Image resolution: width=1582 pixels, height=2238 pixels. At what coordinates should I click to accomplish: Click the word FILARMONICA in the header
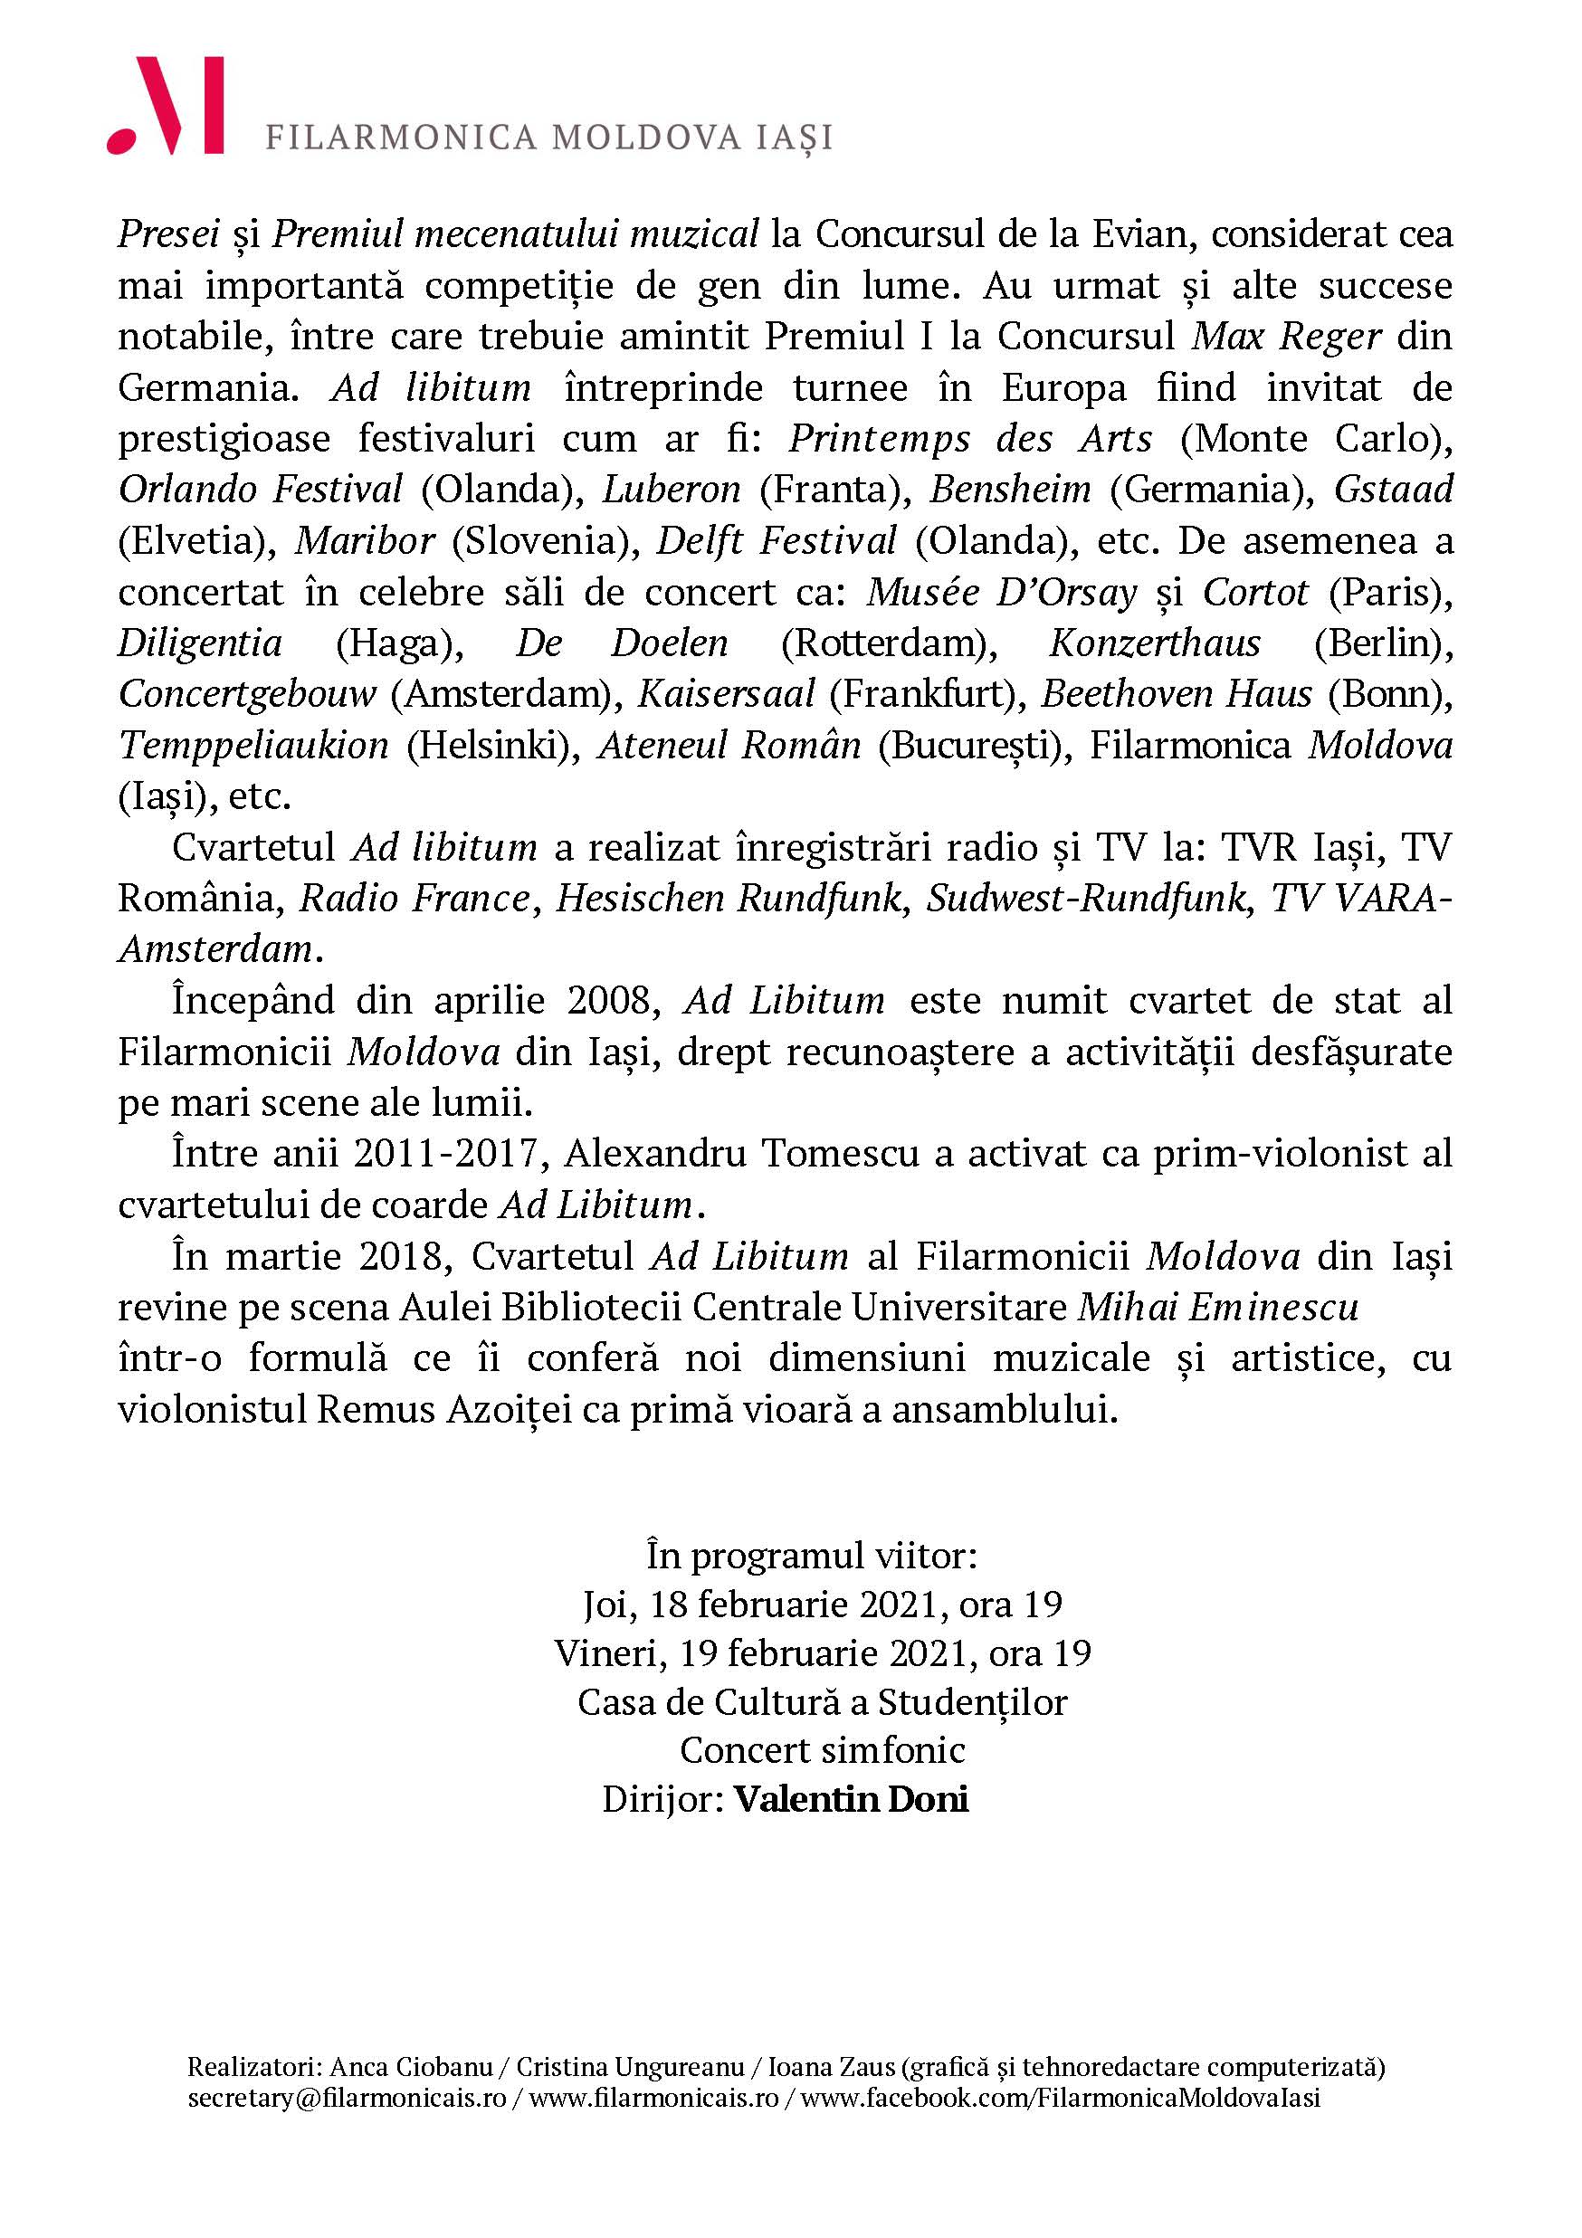(x=401, y=138)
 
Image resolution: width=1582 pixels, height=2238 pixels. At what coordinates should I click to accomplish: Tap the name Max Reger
(x=1287, y=337)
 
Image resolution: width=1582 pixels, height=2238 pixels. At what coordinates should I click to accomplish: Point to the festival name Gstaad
(x=1393, y=489)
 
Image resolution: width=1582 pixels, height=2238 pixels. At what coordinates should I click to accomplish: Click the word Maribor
(x=365, y=540)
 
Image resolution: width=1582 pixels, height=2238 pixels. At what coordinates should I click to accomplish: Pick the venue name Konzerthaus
(x=1154, y=643)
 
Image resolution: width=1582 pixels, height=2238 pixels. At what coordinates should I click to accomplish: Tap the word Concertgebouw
(x=246, y=694)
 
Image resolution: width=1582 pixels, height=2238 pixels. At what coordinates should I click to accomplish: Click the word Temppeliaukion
(x=253, y=746)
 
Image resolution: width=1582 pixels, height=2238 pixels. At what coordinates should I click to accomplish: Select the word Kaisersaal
(x=726, y=694)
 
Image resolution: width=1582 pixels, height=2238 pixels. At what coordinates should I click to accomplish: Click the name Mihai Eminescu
(x=1217, y=1307)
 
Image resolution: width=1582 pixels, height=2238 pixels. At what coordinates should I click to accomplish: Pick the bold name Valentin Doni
(x=851, y=1799)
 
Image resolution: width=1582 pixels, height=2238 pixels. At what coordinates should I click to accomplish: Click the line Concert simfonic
(x=822, y=1749)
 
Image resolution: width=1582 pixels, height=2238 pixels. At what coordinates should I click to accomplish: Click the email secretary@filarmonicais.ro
(x=347, y=2097)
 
